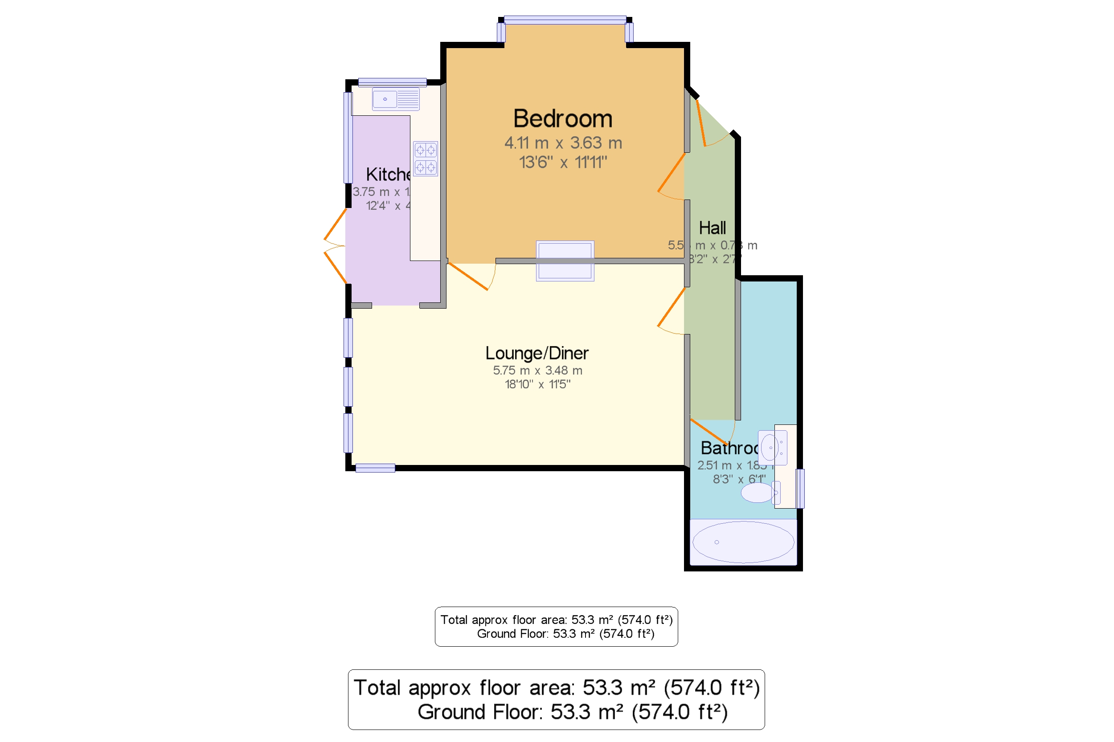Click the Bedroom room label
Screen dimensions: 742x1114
(562, 118)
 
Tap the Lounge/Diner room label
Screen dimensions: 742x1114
(537, 353)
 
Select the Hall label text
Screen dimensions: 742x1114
(712, 228)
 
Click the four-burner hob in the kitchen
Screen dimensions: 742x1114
(425, 159)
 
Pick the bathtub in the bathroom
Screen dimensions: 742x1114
(742, 542)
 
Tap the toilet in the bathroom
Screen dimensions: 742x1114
(759, 493)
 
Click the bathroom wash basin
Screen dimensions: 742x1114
(771, 447)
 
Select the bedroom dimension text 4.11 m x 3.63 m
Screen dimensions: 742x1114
(562, 143)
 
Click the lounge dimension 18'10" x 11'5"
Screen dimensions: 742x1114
(537, 384)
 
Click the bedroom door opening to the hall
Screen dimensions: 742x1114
(672, 176)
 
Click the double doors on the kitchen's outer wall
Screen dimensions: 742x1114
(335, 246)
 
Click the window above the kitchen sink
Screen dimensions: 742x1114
(392, 82)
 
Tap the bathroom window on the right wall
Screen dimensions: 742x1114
(800, 488)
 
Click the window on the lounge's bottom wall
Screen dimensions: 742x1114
(375, 468)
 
